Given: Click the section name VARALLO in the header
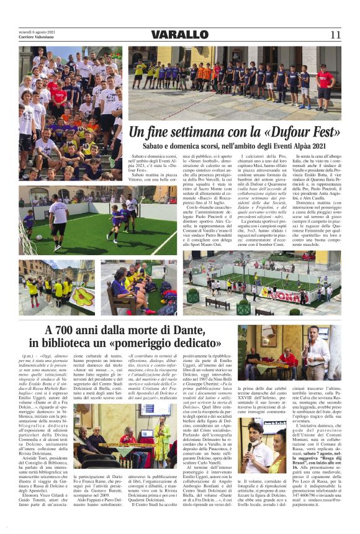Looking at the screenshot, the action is pos(180,34).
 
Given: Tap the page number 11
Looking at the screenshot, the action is pos(335,34).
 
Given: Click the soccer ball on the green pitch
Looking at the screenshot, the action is pos(108,240).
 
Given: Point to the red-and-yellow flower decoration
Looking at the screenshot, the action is pos(80,294).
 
